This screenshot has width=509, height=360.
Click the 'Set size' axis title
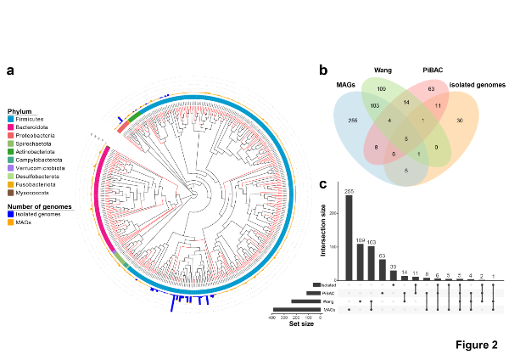[x=302, y=323]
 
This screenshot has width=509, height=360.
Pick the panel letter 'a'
[x=11, y=70]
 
